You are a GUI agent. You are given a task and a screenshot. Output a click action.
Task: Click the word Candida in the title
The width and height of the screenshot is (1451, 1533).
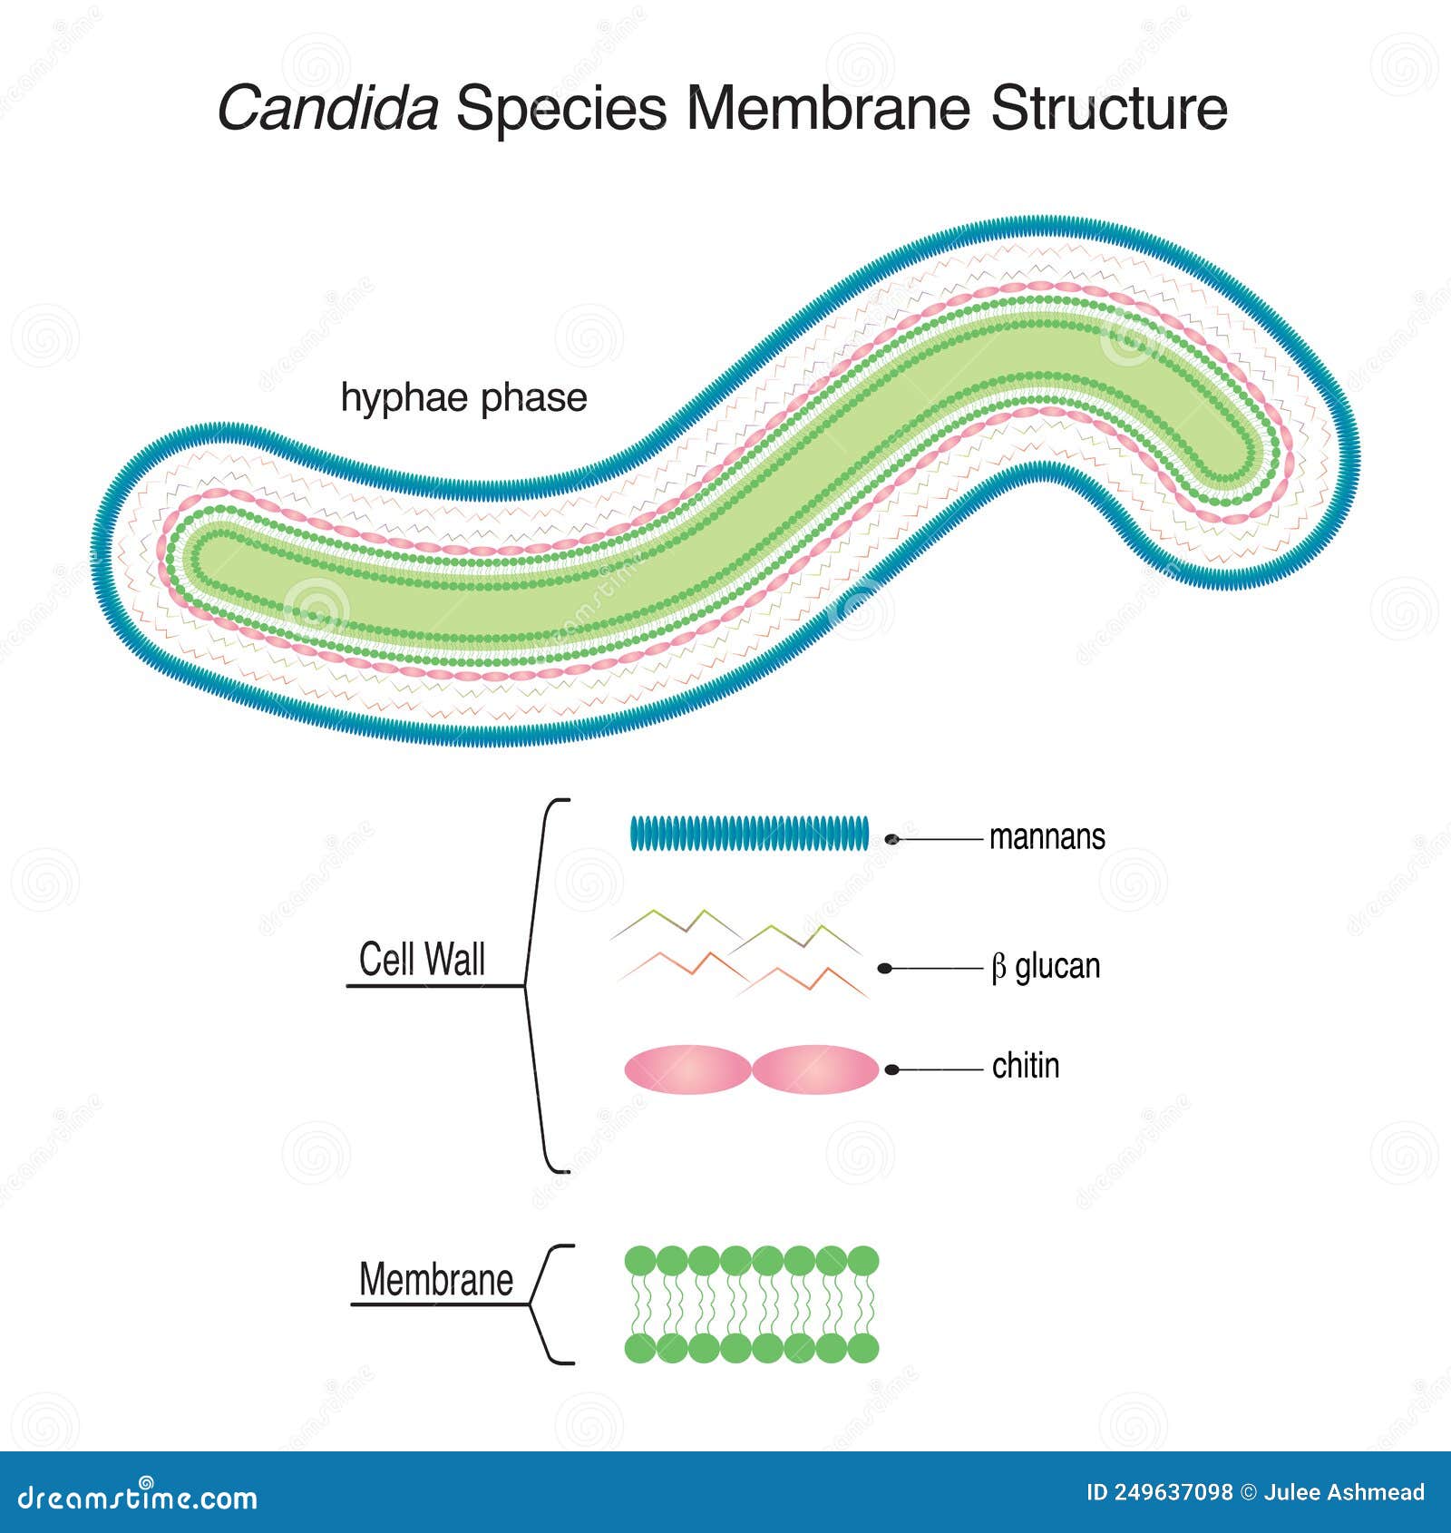click(327, 109)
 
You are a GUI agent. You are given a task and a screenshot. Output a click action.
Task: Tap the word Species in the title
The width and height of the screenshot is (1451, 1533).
click(560, 109)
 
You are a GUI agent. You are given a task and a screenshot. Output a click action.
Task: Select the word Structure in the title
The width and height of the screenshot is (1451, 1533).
click(1108, 109)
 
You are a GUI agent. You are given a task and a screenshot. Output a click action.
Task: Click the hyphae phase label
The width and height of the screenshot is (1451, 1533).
click(463, 398)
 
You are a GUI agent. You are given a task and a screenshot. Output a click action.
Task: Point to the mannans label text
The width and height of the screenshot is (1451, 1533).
click(1047, 836)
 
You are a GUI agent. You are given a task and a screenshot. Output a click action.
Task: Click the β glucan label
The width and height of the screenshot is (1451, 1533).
click(1045, 967)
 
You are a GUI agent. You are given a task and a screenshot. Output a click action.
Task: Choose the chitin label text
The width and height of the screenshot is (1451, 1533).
click(1025, 1066)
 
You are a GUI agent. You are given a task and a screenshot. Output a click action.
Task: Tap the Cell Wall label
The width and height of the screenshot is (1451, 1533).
click(422, 960)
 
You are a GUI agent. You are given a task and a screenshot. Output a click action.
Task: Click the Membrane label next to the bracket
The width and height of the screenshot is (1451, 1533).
click(435, 1280)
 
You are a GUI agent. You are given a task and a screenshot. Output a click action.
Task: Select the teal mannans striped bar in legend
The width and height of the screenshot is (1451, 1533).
click(749, 834)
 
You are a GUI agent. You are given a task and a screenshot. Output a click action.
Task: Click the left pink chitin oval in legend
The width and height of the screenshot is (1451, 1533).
click(687, 1069)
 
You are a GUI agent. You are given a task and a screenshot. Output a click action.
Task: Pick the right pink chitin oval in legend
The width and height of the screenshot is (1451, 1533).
click(814, 1069)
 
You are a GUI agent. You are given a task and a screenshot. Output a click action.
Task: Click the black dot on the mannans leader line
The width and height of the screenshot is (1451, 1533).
click(891, 840)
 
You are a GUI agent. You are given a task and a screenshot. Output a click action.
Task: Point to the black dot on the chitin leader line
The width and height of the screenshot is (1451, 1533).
click(891, 1070)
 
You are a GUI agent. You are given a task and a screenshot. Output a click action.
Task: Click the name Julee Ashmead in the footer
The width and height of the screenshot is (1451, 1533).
click(1344, 1493)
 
